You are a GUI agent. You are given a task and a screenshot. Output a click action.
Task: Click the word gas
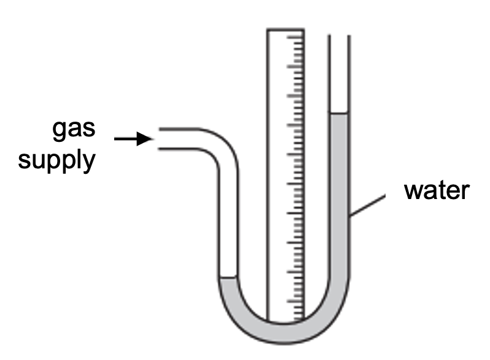[x=74, y=129]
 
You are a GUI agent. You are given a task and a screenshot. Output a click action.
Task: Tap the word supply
[x=56, y=161]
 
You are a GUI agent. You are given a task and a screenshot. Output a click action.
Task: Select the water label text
[x=437, y=190]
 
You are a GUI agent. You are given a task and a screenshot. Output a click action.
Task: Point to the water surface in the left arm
[x=228, y=277]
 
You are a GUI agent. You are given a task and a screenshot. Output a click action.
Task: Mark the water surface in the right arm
[x=339, y=112]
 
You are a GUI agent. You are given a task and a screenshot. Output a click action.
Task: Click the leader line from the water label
[x=368, y=205]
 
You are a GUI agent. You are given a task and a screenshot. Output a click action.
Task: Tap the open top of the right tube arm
[x=339, y=35]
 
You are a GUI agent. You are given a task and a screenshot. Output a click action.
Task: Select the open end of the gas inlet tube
[x=160, y=139]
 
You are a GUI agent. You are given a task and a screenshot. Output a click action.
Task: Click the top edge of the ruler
[x=286, y=29]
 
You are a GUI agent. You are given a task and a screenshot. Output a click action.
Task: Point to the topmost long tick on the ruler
[x=295, y=37]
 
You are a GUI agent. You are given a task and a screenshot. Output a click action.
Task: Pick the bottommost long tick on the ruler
[x=295, y=302]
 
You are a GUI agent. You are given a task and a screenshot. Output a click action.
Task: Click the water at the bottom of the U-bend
[x=284, y=333]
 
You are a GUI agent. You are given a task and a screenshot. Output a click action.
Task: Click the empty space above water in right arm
[x=339, y=74]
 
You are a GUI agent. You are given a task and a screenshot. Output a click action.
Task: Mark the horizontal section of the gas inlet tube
[x=178, y=139]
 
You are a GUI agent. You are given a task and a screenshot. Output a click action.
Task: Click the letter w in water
[x=413, y=191]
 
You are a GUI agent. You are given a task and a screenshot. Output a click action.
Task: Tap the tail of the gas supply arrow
[x=115, y=139]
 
